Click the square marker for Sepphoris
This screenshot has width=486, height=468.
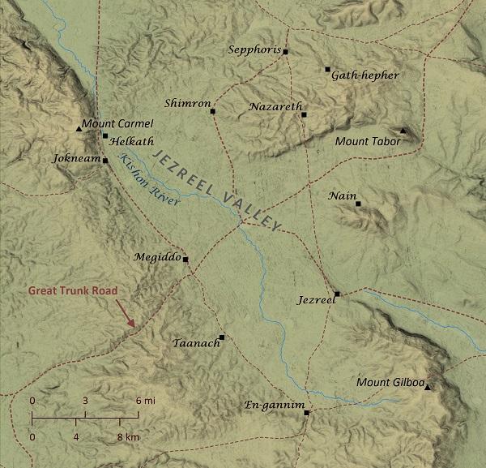tap(285, 52)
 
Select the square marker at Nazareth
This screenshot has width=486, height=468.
tap(304, 114)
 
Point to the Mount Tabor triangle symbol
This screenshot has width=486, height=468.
tap(403, 130)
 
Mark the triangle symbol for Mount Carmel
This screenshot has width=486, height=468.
tap(79, 128)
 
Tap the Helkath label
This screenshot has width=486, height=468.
tap(126, 140)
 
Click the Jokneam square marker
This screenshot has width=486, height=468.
tap(105, 160)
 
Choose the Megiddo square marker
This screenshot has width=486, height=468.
tap(185, 260)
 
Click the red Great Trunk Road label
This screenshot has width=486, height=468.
tap(73, 290)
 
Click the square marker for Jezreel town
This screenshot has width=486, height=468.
tap(337, 294)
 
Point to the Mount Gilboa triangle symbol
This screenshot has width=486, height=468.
tap(428, 387)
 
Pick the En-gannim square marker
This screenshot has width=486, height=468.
tap(306, 413)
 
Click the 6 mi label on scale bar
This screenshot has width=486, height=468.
tap(145, 401)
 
